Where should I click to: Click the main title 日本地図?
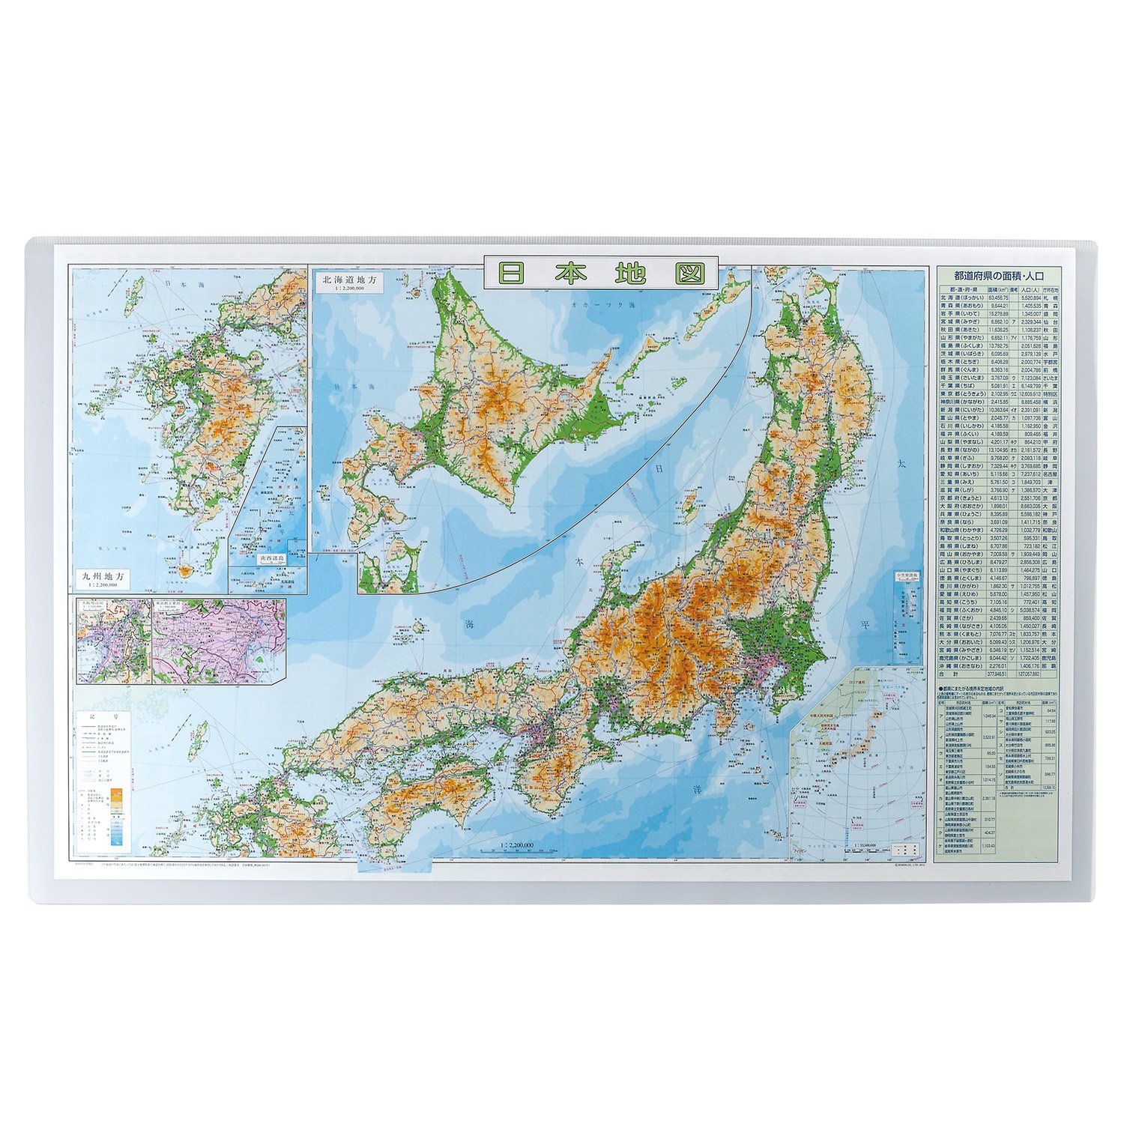[x=600, y=273]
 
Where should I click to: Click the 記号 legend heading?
[x=105, y=717]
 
